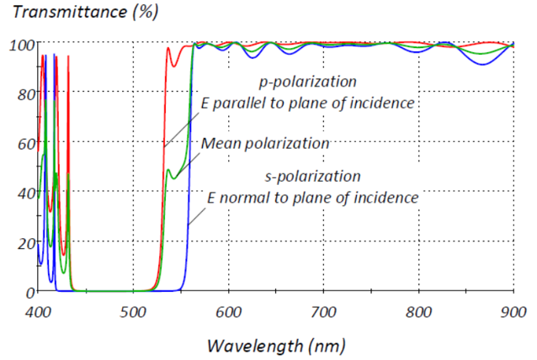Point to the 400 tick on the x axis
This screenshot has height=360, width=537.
37,311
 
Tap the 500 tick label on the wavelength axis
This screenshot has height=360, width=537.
132,311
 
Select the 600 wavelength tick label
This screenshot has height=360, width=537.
227,311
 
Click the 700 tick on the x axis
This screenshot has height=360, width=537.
323,311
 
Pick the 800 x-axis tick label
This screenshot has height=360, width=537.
418,311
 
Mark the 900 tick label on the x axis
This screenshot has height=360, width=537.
513,311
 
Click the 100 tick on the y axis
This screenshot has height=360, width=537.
19,44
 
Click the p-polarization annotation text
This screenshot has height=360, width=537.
307,82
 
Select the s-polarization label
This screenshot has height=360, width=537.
313,177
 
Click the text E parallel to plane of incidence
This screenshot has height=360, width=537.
308,103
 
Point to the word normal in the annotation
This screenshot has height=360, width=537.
245,199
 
